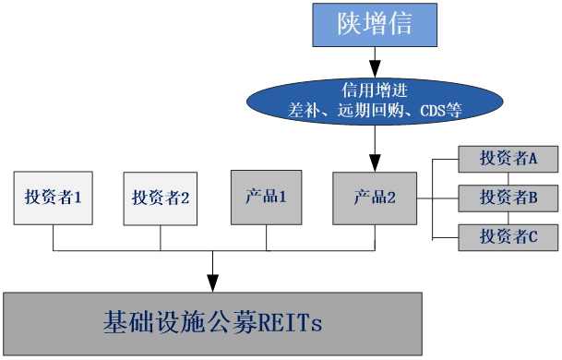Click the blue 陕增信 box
tap(374, 25)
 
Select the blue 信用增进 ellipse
tap(375, 101)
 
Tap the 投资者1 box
tap(53, 197)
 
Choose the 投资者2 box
tap(161, 197)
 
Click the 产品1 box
tap(267, 197)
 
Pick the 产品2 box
tap(375, 197)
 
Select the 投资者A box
tap(508, 158)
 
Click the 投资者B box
tap(508, 197)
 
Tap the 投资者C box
tap(508, 236)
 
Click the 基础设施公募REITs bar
tap(213, 324)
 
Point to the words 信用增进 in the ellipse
tap(375, 90)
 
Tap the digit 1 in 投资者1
tap(78, 197)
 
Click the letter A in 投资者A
tap(532, 158)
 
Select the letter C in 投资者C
tap(532, 236)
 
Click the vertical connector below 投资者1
tap(54, 237)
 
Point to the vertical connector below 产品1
tap(268, 237)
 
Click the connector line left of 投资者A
tap(447, 159)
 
